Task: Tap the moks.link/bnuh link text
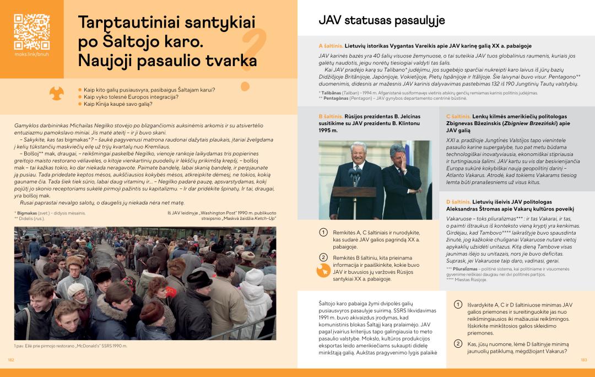31,56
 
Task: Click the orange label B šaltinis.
331,117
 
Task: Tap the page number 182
10,360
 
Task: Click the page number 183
584,360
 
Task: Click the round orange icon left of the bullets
57,94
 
